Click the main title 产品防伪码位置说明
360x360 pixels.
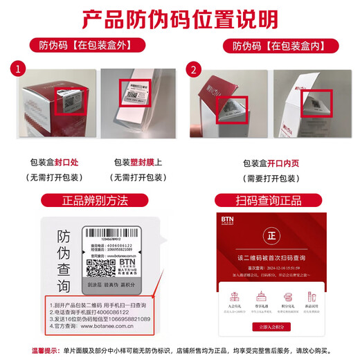[180, 18]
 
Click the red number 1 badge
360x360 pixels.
[17, 69]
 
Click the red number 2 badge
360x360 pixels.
[194, 69]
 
